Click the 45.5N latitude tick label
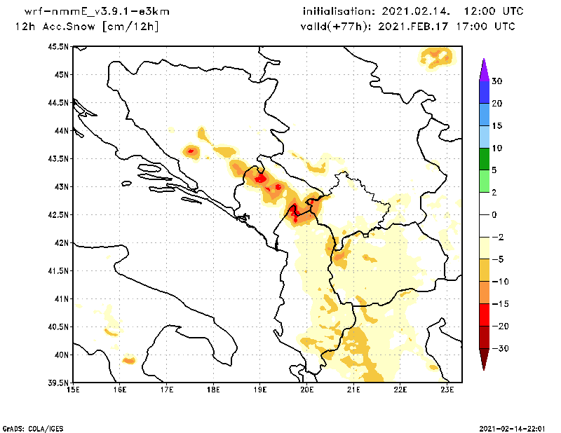(58, 46)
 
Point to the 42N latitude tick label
(60, 242)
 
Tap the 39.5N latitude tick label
(58, 383)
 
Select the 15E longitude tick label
(73, 390)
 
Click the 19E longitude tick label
(260, 390)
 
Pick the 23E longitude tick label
(447, 390)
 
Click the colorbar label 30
(496, 81)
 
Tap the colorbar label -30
(499, 348)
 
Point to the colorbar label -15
(499, 303)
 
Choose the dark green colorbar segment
(483, 159)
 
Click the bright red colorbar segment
(483, 315)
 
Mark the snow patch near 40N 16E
(128, 360)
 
